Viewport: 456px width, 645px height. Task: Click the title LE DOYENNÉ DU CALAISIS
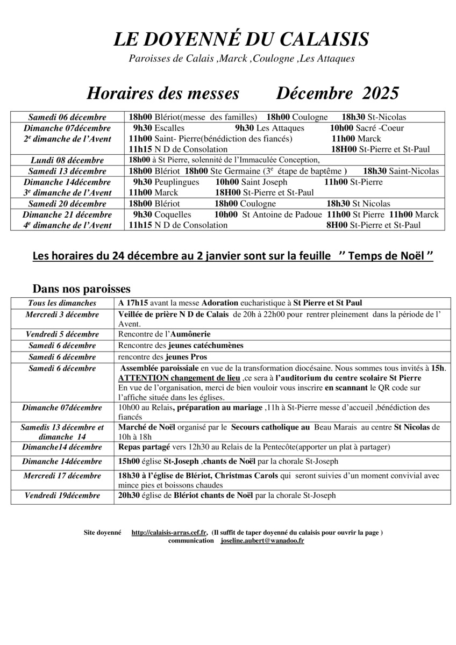click(x=241, y=40)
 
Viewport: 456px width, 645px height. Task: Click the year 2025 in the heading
click(x=381, y=93)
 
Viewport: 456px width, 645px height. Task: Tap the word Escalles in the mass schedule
click(x=169, y=128)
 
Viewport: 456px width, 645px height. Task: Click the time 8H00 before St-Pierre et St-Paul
click(x=337, y=225)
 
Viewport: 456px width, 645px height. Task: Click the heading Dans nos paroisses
click(x=81, y=289)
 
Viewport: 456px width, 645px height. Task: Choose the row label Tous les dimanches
click(x=62, y=303)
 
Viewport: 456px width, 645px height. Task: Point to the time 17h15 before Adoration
click(x=138, y=303)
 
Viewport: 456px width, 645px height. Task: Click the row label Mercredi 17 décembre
click(x=62, y=476)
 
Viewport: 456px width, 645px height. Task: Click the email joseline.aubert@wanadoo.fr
click(x=262, y=540)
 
